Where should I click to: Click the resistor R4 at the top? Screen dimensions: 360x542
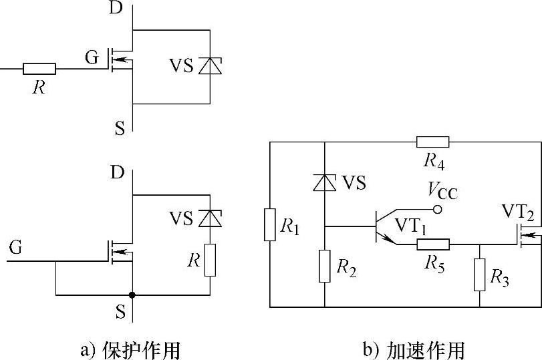tap(432, 142)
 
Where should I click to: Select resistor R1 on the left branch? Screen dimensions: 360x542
tap(269, 224)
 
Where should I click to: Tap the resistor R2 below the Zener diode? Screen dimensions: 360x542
tap(324, 266)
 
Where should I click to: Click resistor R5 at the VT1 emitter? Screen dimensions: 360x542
tap(432, 245)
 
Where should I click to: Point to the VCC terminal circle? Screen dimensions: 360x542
tap(438, 210)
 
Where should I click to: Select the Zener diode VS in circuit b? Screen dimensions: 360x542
tap(324, 182)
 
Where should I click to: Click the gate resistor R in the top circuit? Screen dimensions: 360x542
tap(39, 68)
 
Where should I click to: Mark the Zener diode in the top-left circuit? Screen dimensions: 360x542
tap(211, 65)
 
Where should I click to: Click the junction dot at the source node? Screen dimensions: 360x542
tap(132, 295)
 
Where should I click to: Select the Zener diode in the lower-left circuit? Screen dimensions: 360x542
tap(211, 218)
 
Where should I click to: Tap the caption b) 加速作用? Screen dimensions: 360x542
tap(414, 349)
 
